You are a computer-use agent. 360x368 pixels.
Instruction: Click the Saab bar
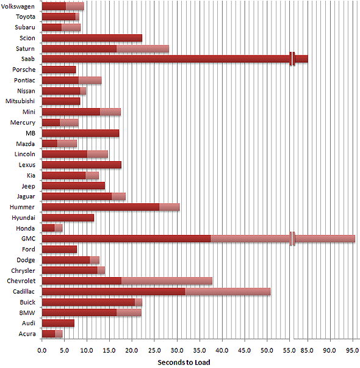tap(175, 59)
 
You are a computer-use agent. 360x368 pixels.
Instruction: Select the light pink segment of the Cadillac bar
tap(228, 292)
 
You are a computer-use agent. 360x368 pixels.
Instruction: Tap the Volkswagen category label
tap(18, 6)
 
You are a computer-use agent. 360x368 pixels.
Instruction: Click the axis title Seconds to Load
tap(184, 363)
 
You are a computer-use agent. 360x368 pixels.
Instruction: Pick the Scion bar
tap(92, 38)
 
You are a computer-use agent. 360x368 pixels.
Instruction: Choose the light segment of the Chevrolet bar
tap(167, 281)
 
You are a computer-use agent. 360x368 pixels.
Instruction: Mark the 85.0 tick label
tap(307, 350)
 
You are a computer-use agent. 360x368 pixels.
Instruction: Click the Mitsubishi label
tap(20, 101)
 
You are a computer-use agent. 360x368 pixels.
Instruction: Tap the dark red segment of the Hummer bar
tap(101, 207)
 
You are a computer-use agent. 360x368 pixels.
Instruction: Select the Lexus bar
tap(82, 165)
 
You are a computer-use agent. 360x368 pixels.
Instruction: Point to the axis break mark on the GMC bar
tap(292, 239)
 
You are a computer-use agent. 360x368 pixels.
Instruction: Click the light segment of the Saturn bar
tap(143, 49)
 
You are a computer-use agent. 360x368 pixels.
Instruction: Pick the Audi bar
tap(58, 323)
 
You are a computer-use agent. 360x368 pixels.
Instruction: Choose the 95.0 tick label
tap(353, 350)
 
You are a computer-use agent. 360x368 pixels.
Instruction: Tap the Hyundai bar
tap(68, 218)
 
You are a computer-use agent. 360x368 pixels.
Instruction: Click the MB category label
tap(31, 133)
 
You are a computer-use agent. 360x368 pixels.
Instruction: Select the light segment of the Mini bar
tap(110, 112)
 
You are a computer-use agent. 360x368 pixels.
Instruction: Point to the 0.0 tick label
tap(42, 350)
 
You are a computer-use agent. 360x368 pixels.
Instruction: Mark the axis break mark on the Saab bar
tap(292, 59)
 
